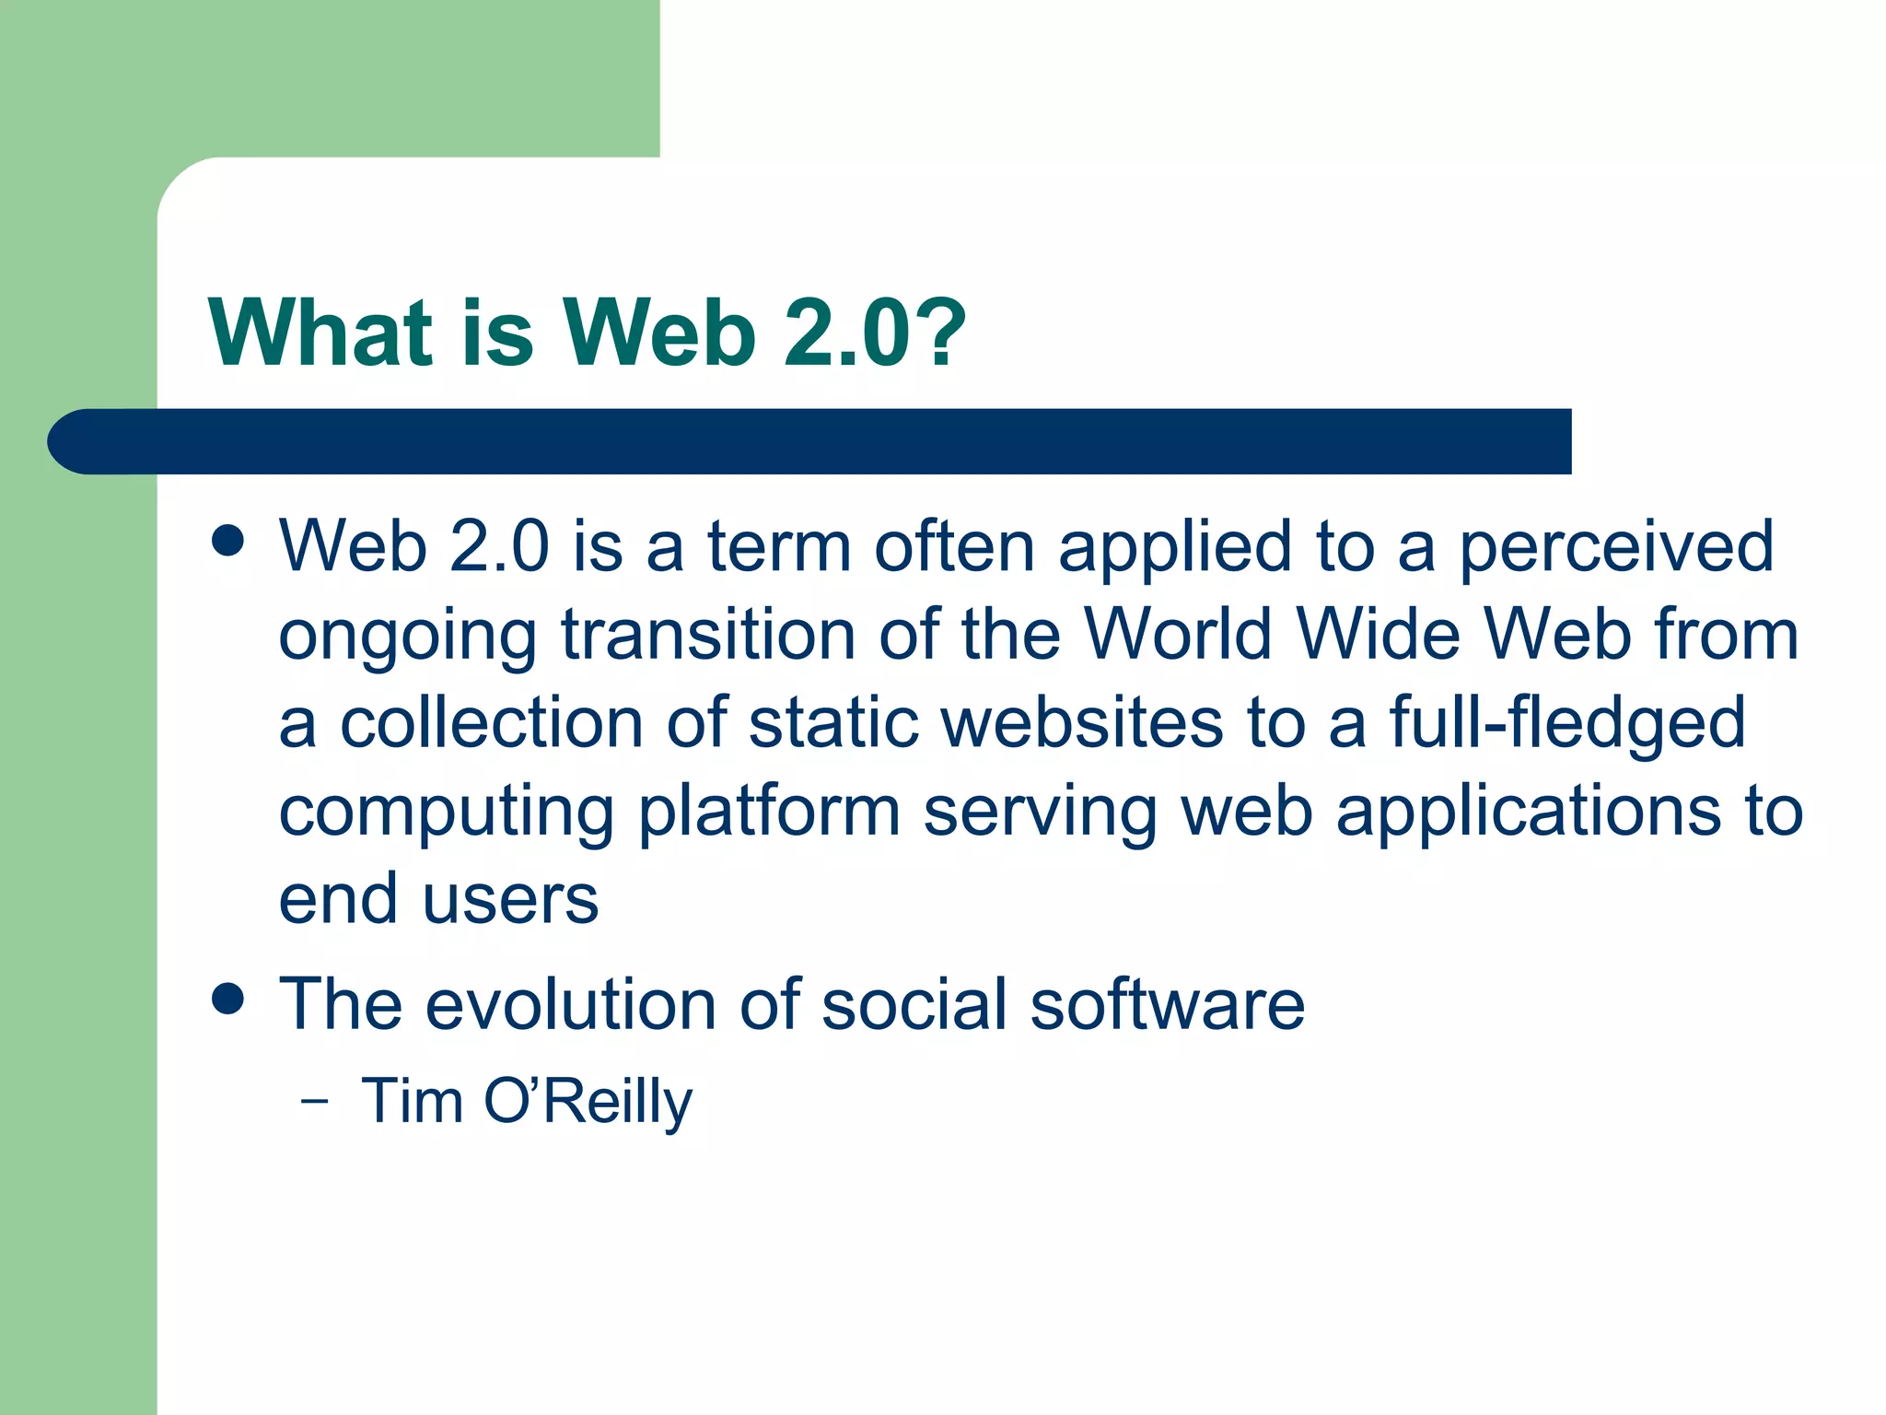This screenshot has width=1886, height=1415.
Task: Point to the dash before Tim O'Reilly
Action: (314, 1101)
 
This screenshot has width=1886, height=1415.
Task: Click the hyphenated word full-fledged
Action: (1566, 724)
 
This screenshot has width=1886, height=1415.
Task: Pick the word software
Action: (1167, 1003)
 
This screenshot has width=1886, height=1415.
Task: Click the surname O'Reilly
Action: (588, 1103)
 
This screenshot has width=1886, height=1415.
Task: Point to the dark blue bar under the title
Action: (810, 441)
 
